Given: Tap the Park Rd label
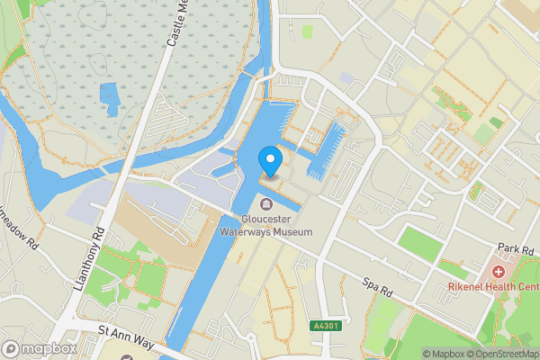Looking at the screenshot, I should [516, 247].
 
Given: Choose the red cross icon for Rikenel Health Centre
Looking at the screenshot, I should [497, 271].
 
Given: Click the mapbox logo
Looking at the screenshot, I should [39, 348].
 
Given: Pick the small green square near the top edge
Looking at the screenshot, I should [307, 31].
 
